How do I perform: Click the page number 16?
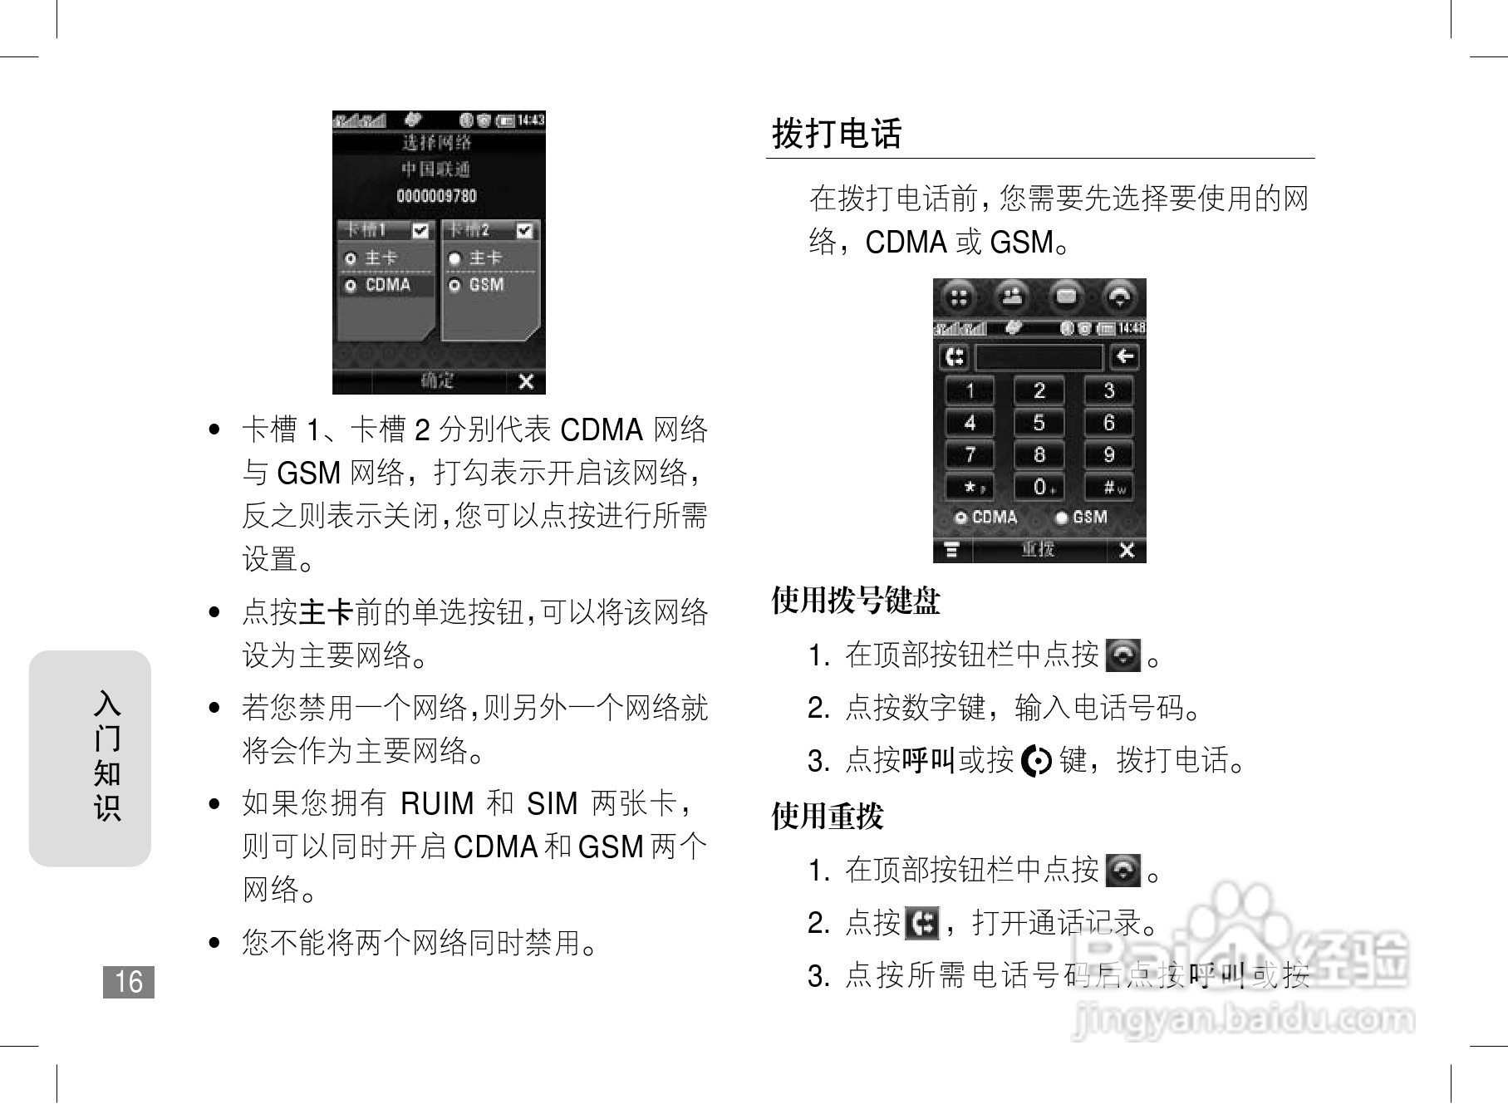point(129,982)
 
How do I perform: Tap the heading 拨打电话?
point(837,134)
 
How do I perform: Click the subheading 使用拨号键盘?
point(856,600)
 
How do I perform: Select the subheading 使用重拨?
point(828,816)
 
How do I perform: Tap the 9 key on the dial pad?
point(1108,455)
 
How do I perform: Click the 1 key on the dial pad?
point(970,390)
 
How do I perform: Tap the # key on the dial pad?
point(1109,488)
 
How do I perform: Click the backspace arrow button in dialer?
point(1125,357)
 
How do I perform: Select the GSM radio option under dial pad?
point(1061,518)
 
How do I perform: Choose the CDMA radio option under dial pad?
point(961,518)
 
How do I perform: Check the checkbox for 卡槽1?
point(420,230)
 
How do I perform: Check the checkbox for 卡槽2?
point(524,230)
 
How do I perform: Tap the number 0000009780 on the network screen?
point(437,196)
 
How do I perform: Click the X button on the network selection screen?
point(526,381)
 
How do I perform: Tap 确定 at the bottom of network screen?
point(438,381)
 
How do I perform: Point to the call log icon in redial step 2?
point(921,923)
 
